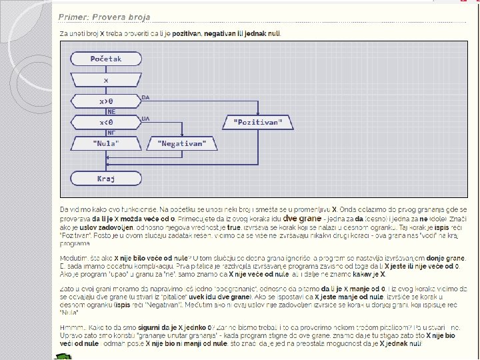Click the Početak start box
coord(106,59)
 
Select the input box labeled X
coord(106,80)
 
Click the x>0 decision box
coord(106,101)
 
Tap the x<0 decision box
coord(106,122)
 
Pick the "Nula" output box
coord(106,143)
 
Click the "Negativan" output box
coord(182,143)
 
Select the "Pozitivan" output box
coord(258,122)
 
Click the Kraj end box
coord(106,179)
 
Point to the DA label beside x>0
coord(145,97)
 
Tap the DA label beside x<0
coord(145,118)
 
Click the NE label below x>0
coord(111,112)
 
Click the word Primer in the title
coord(72,17)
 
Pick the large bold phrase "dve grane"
coord(303,218)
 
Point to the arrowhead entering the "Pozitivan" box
coord(258,113)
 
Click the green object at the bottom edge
coord(64,357)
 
